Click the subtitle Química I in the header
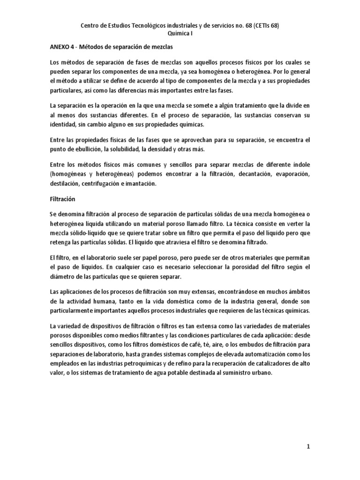[180, 34]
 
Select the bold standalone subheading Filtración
[62, 199]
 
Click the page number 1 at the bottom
[308, 447]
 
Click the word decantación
[247, 174]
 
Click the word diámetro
[62, 276]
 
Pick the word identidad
[63, 126]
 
